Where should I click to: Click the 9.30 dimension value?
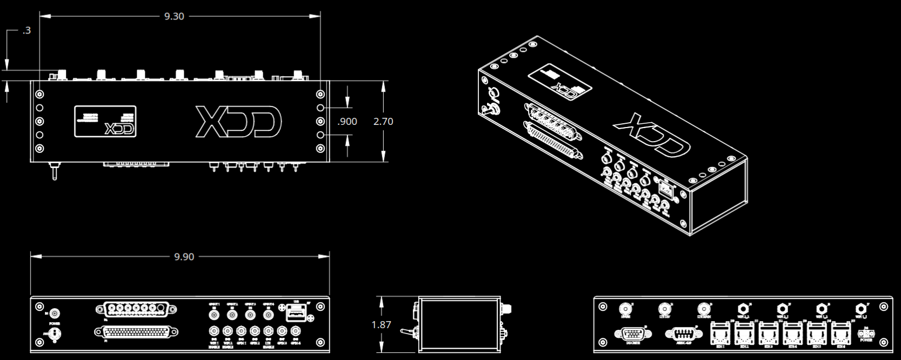[x=174, y=17]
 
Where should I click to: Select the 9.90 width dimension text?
[x=184, y=257]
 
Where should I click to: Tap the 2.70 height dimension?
[x=383, y=122]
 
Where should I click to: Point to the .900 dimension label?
[x=347, y=122]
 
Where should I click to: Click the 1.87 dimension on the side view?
[x=381, y=325]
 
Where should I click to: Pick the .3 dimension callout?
[x=26, y=31]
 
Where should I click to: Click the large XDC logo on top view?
[x=238, y=122]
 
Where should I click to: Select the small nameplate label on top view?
[x=105, y=122]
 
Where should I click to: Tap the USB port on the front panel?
[x=296, y=313]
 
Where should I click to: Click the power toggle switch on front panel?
[x=54, y=335]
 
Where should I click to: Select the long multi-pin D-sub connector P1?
[x=136, y=332]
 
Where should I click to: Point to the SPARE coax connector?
[x=625, y=309]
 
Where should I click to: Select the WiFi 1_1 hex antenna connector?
[x=743, y=309]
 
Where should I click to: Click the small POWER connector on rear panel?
[x=866, y=334]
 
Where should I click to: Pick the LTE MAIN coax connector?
[x=704, y=309]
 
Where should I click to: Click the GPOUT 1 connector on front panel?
[x=215, y=314]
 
